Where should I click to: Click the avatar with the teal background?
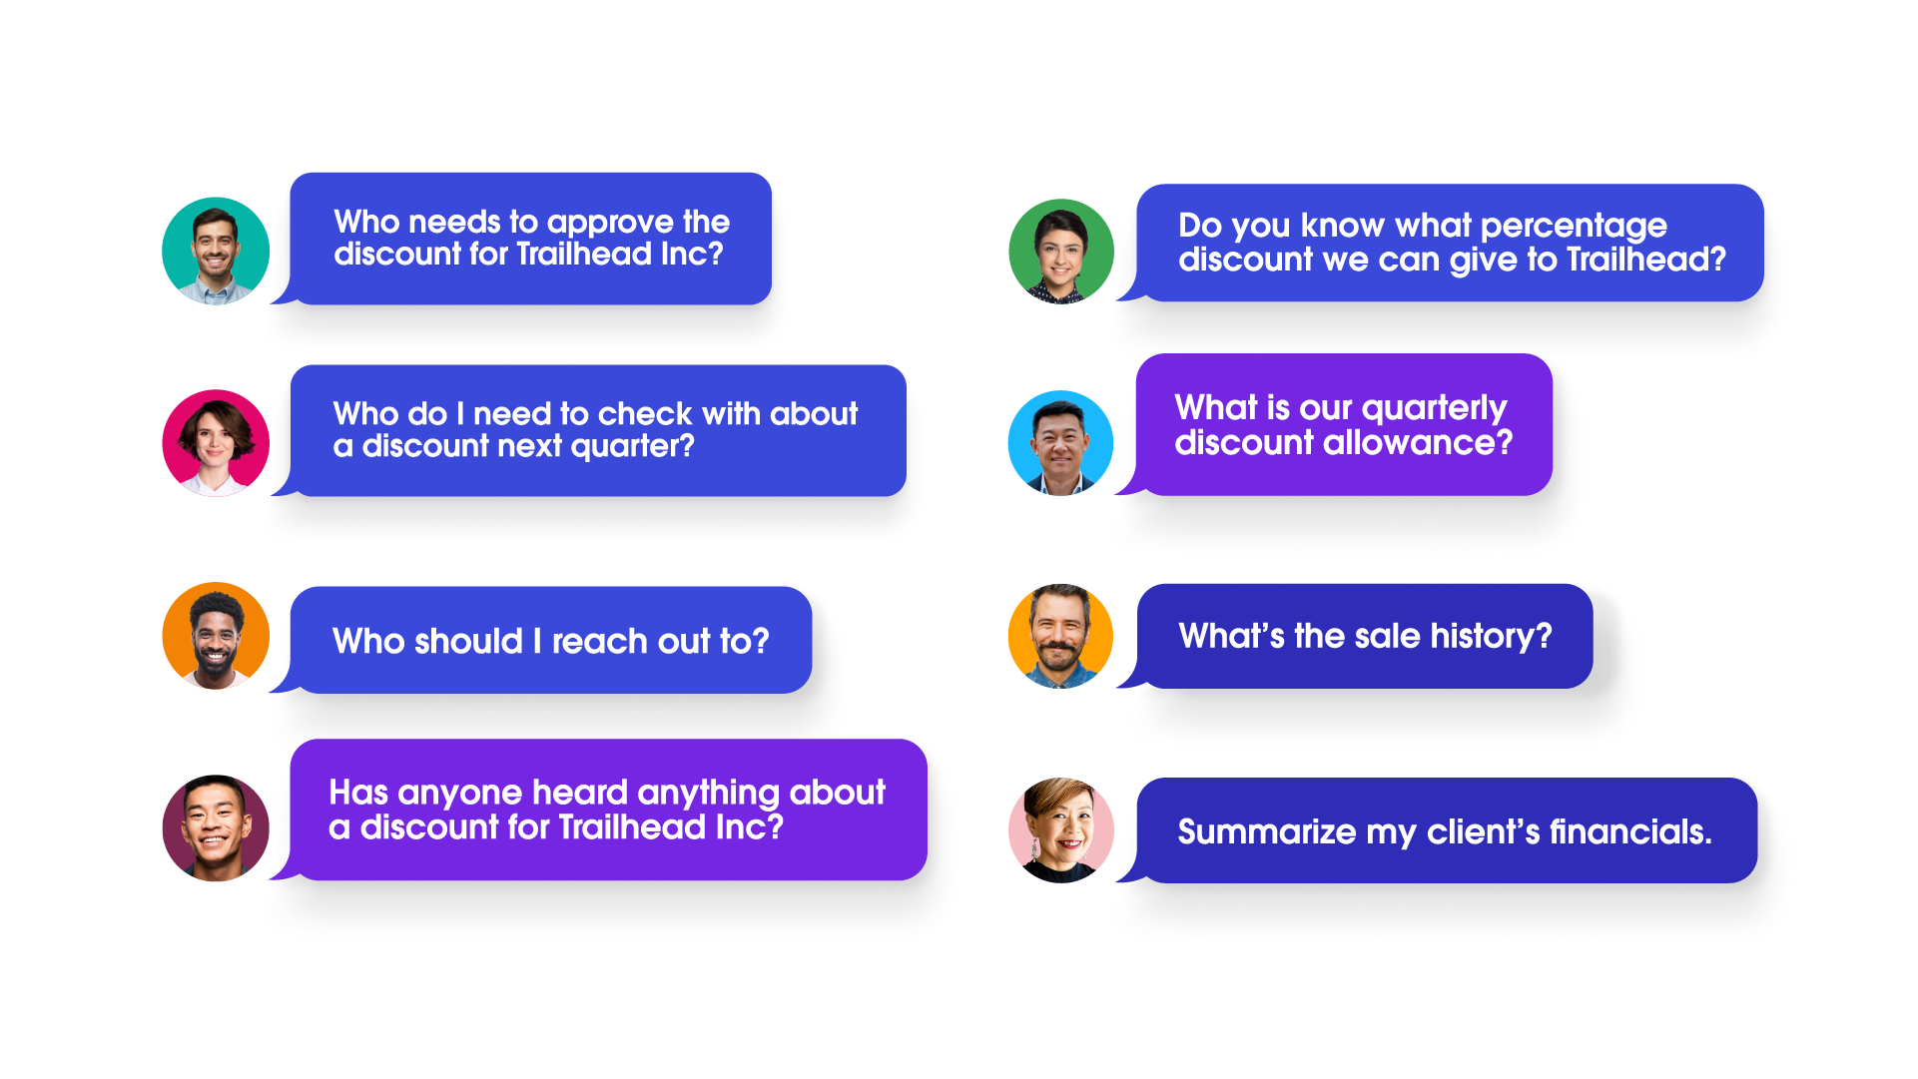(216, 255)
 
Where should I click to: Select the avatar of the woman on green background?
(1060, 255)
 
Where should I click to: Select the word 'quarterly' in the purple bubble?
(1434, 408)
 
